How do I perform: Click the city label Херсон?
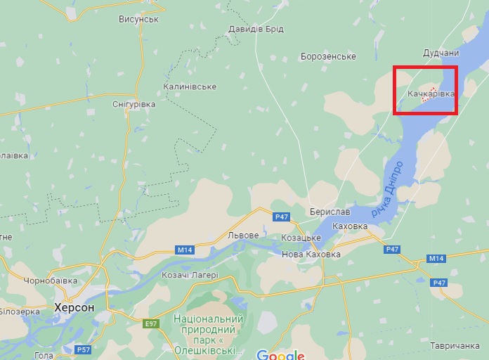point(74,307)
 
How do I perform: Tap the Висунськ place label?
point(138,19)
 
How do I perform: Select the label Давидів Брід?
point(255,30)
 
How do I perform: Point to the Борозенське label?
point(327,56)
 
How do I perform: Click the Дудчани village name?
point(441,53)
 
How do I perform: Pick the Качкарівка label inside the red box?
point(431,93)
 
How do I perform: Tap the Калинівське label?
point(190,86)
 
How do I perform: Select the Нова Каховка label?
point(311,254)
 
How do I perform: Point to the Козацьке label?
point(301,238)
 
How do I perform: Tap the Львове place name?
point(244,235)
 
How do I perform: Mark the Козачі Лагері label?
point(190,275)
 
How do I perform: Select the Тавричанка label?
point(455,346)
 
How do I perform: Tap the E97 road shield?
point(151,324)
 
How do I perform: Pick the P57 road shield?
point(84,349)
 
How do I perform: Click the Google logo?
point(280,354)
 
